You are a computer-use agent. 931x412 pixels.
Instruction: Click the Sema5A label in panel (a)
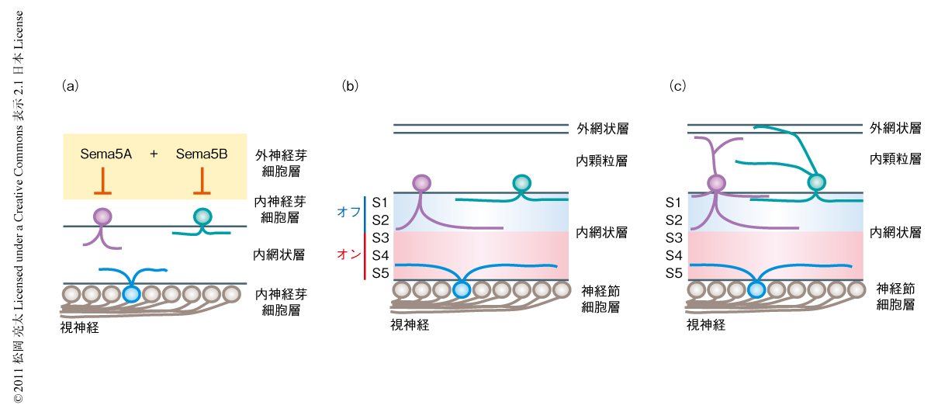click(106, 154)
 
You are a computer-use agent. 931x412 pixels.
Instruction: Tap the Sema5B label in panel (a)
click(202, 154)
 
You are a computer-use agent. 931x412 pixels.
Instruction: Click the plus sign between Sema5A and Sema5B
click(154, 154)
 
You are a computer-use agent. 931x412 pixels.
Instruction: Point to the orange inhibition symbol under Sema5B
click(202, 184)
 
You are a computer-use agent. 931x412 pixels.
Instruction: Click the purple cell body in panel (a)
click(102, 216)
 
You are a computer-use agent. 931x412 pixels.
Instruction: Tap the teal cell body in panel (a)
click(202, 216)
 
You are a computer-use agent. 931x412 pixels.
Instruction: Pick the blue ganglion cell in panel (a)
click(131, 294)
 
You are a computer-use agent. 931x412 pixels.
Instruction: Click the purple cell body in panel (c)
click(715, 183)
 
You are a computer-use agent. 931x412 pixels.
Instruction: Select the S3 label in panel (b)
click(380, 237)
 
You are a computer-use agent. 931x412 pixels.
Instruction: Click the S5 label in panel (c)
click(674, 273)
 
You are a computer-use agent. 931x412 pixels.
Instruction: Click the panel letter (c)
click(677, 86)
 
